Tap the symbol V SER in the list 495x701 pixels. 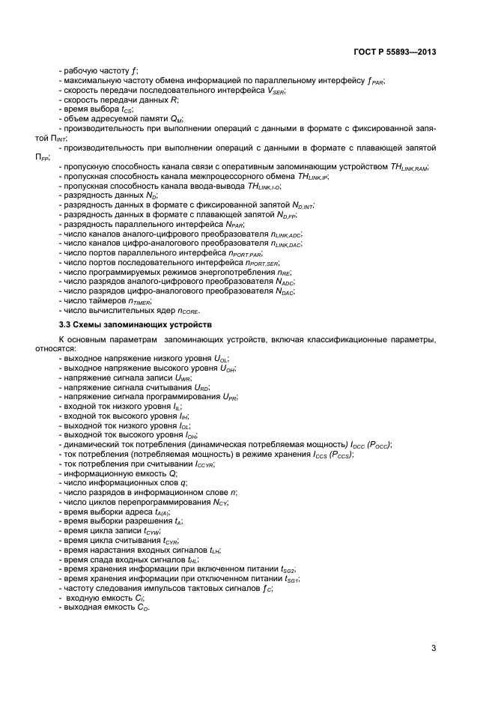coord(276,91)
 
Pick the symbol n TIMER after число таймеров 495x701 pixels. coord(139,301)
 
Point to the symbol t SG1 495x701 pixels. coord(291,579)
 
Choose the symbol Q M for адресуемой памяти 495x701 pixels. coord(176,119)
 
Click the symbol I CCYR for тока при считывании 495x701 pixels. coord(204,464)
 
